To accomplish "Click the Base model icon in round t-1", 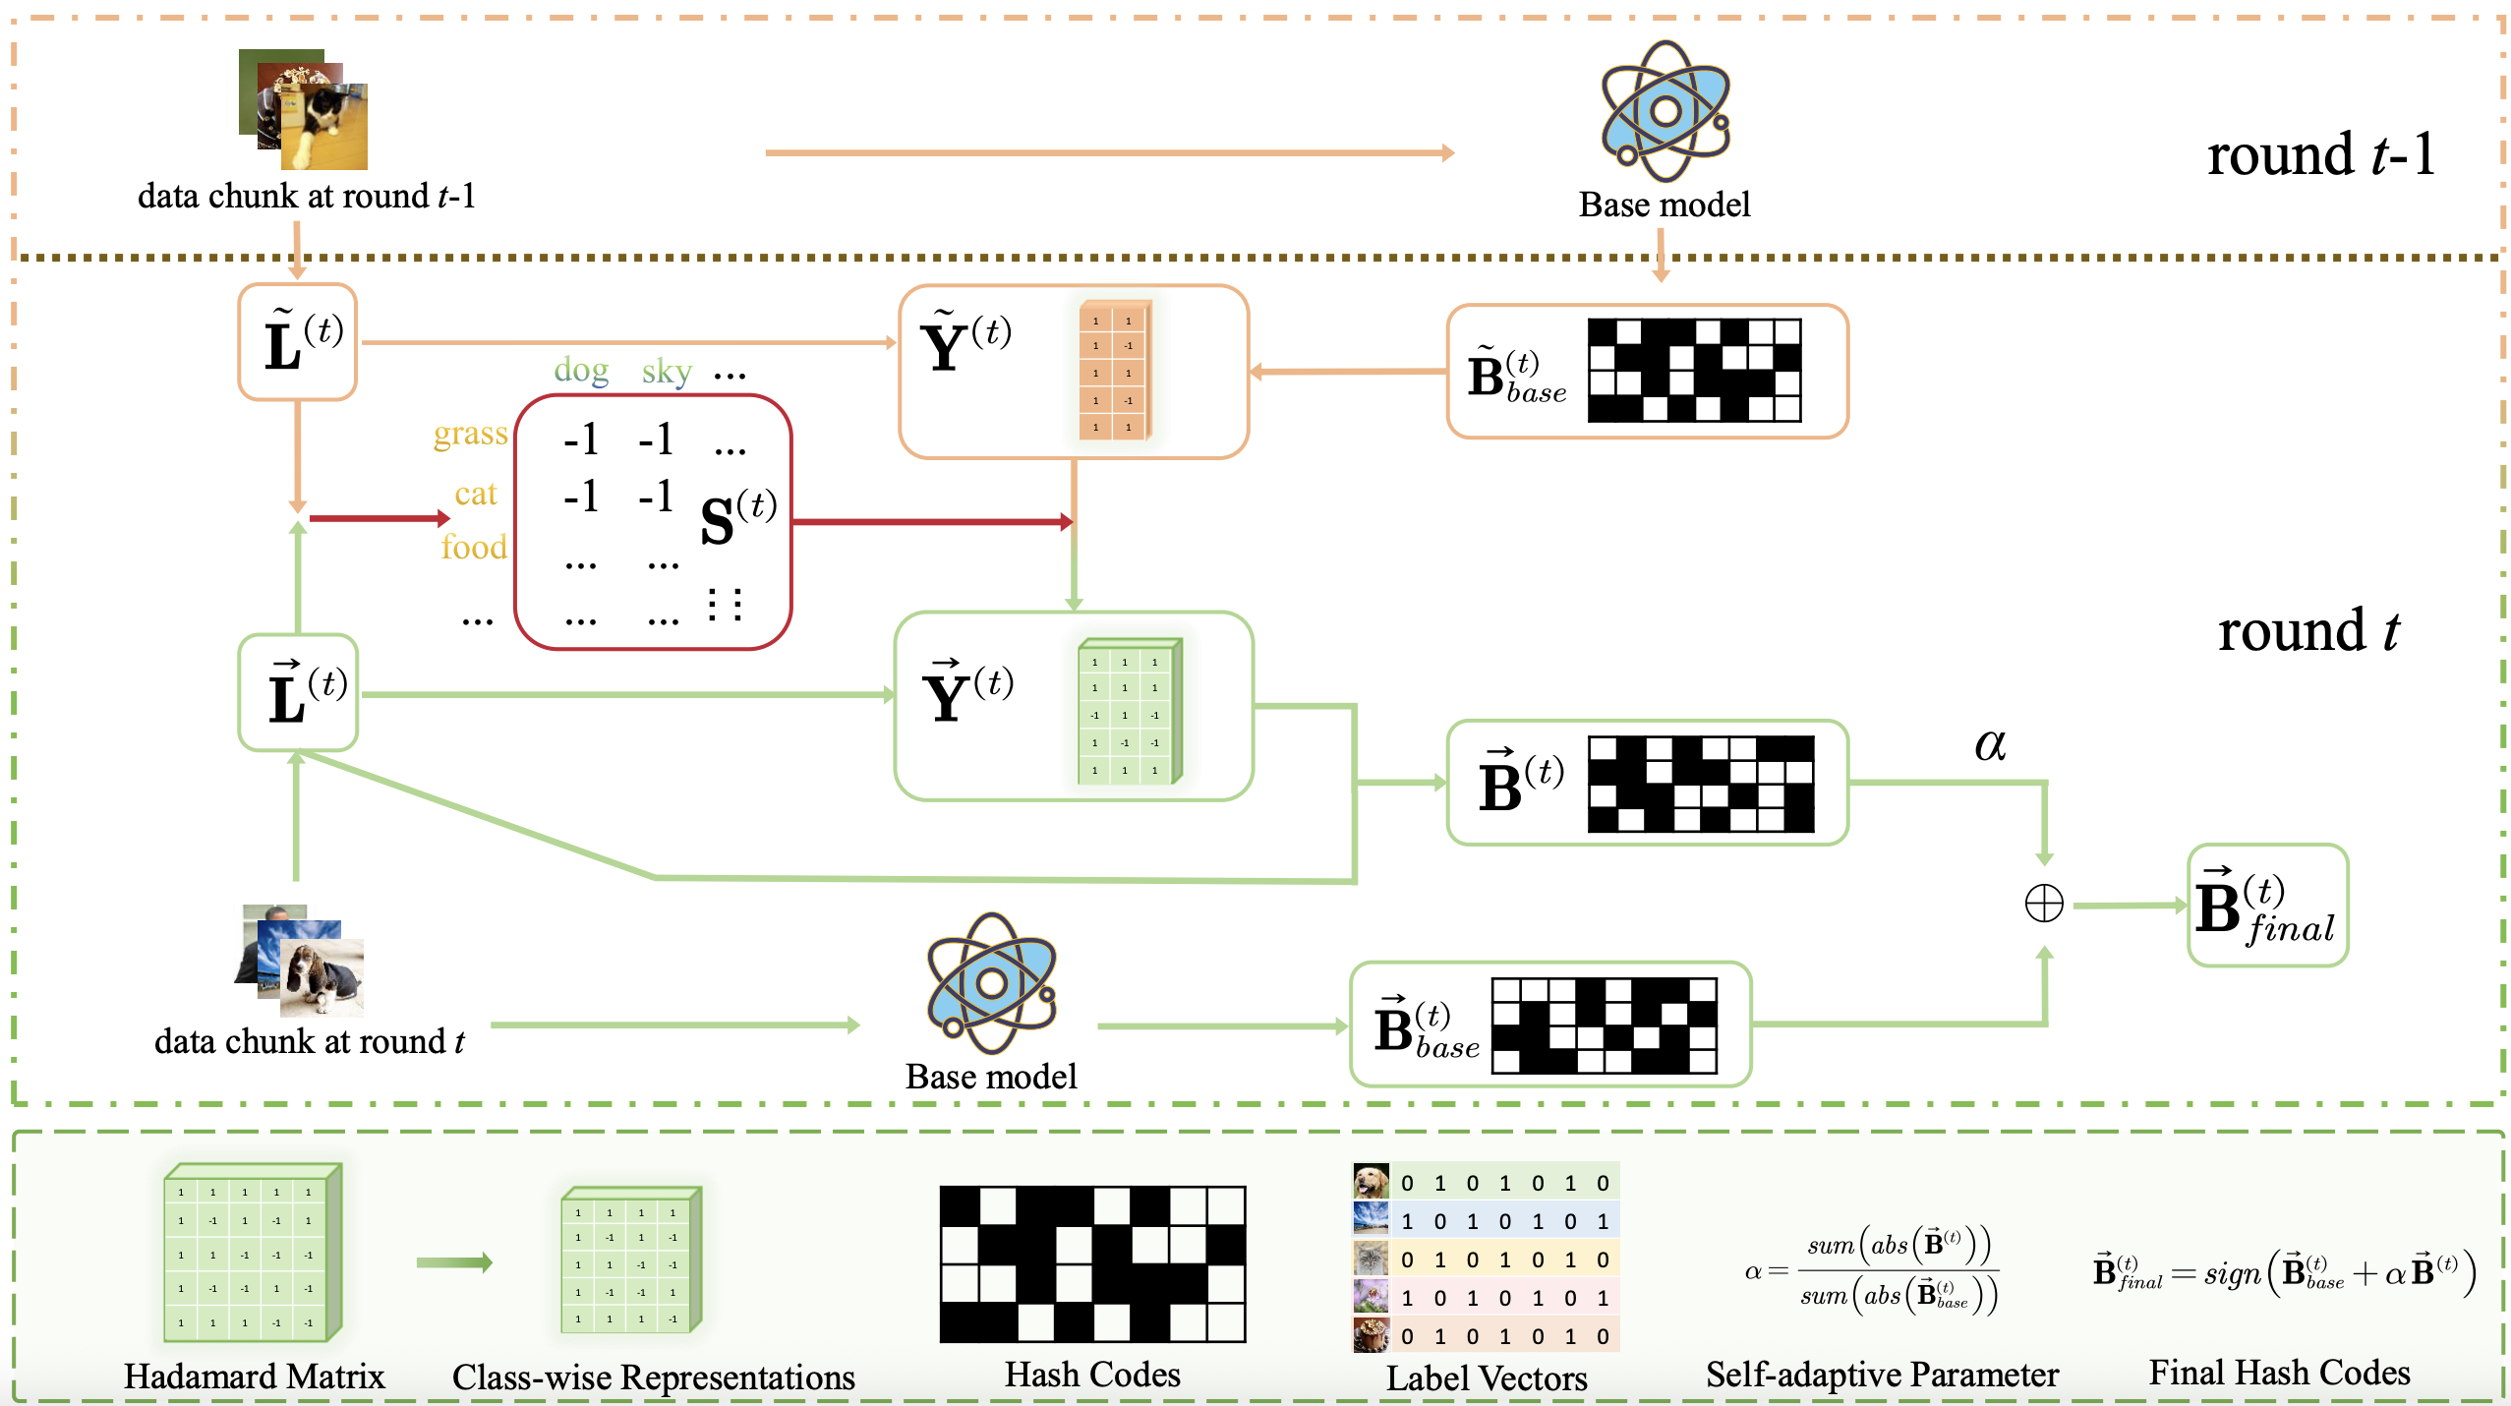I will pyautogui.click(x=1665, y=110).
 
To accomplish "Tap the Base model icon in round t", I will pyautogui.click(x=991, y=982).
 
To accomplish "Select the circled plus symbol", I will pyautogui.click(x=2044, y=903).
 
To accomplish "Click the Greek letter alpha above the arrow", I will pyautogui.click(x=1990, y=744).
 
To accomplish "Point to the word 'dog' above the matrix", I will pyautogui.click(x=581, y=371).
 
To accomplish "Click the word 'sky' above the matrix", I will pyautogui.click(x=667, y=373).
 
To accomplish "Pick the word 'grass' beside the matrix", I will pyautogui.click(x=470, y=434).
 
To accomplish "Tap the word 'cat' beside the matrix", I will pyautogui.click(x=476, y=494).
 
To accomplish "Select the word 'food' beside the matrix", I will pyautogui.click(x=474, y=547).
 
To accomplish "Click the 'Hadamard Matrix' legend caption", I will pyautogui.click(x=254, y=1376).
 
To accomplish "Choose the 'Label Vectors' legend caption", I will pyautogui.click(x=1487, y=1377).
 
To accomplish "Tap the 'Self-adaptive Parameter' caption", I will pyautogui.click(x=1882, y=1374).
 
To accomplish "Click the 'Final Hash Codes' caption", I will pyautogui.click(x=2279, y=1372).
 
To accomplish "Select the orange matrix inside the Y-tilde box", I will pyautogui.click(x=1114, y=371).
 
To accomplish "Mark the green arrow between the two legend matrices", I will pyautogui.click(x=453, y=1262).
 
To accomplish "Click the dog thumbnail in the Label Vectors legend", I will pyautogui.click(x=1372, y=1181).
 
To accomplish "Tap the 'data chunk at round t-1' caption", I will pyautogui.click(x=307, y=196).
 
